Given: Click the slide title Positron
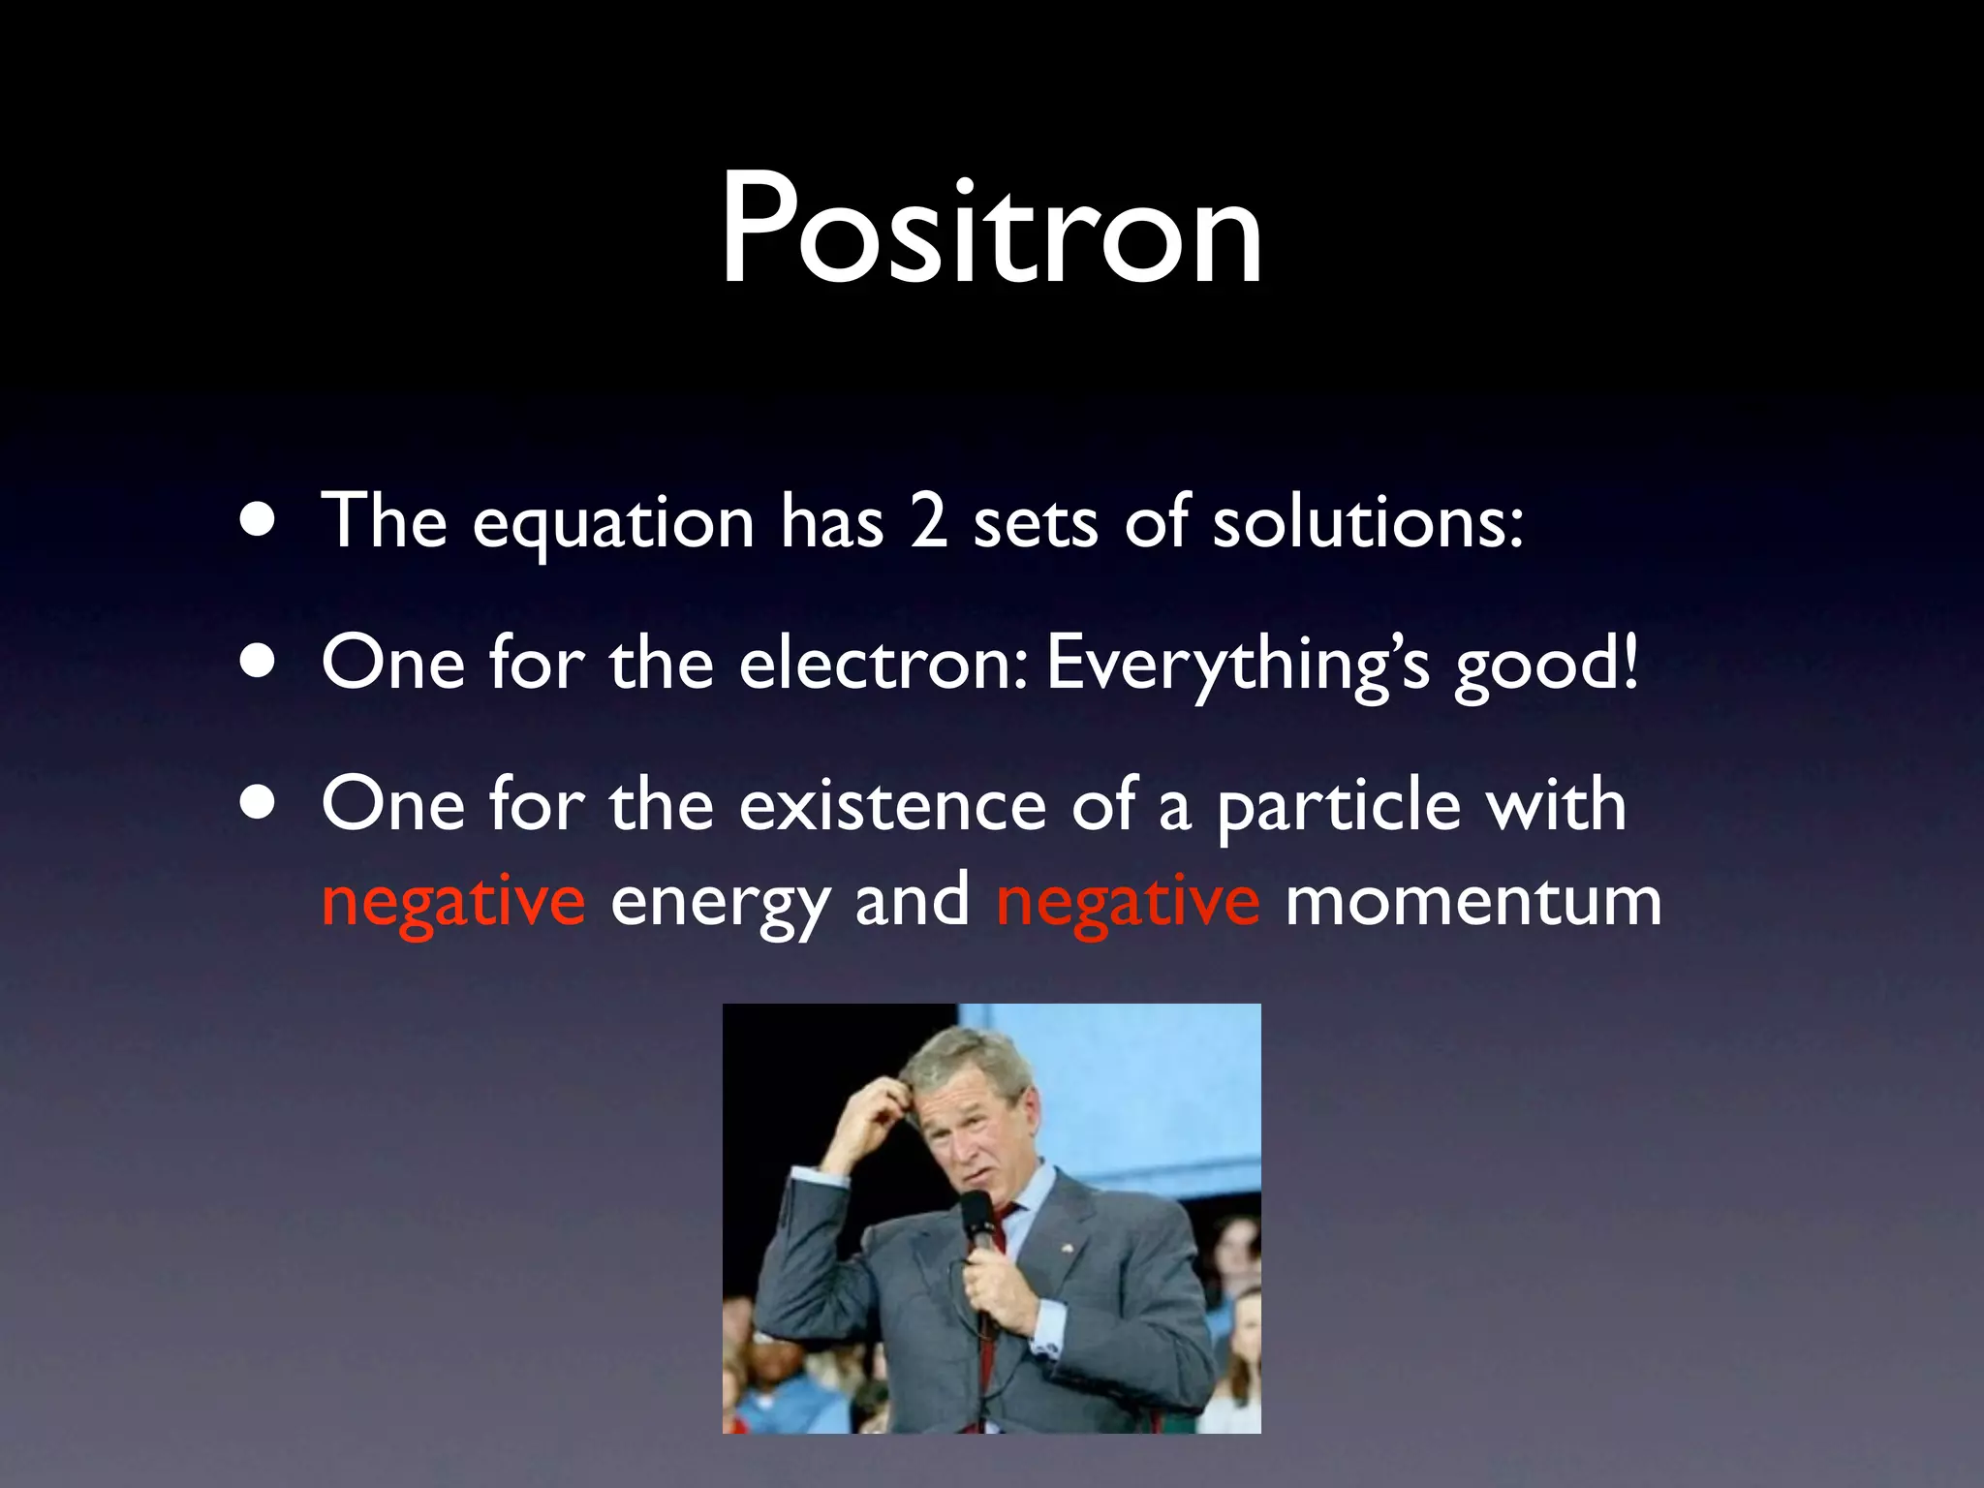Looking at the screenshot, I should tap(991, 230).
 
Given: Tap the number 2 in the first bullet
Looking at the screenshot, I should tap(928, 522).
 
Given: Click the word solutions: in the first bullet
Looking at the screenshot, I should tap(1368, 522).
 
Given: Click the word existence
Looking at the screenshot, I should tap(892, 805).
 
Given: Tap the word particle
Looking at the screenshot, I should tap(1338, 807).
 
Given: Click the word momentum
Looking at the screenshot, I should tap(1473, 901).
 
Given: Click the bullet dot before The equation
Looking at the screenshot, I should tap(259, 523).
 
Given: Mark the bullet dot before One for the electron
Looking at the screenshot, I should tap(259, 665).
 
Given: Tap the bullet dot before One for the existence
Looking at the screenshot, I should tap(259, 806).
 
